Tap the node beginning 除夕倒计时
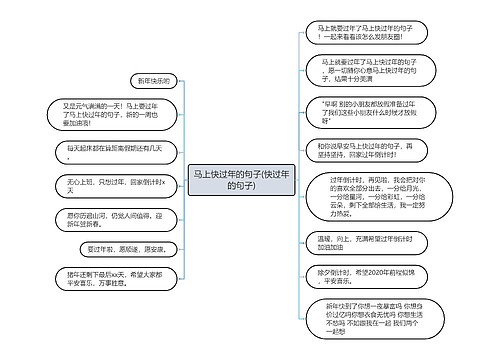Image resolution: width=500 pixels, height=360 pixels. click(x=354, y=277)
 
